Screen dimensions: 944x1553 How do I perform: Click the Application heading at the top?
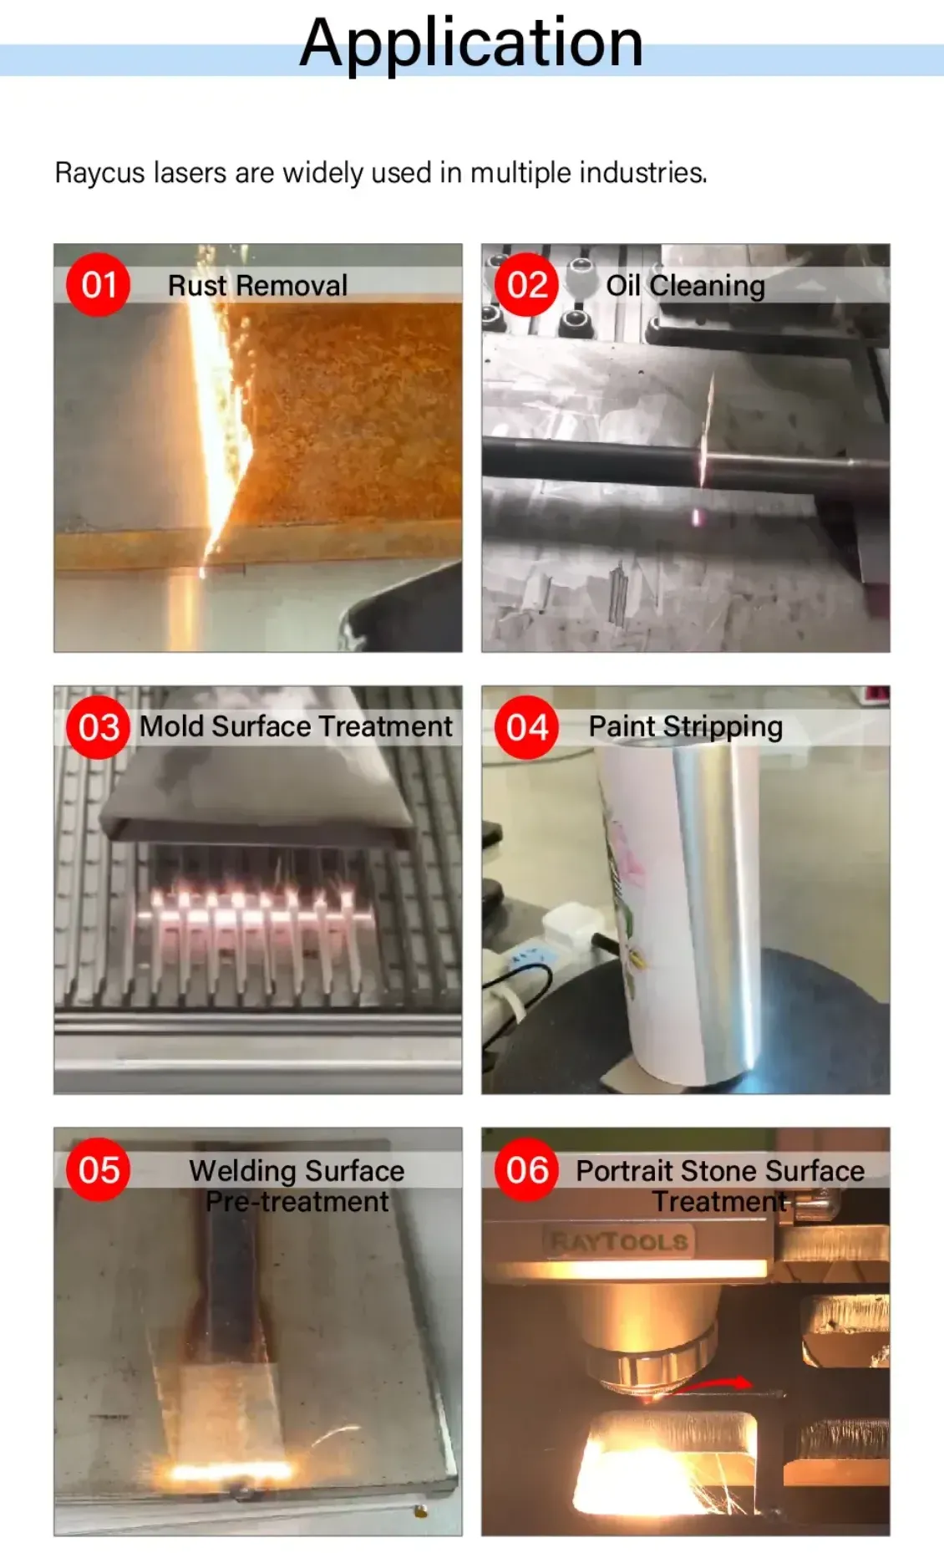coord(471,43)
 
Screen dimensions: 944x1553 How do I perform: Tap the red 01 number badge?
coord(99,285)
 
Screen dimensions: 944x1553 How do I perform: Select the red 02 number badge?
coord(526,285)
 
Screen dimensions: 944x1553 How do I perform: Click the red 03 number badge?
coord(99,727)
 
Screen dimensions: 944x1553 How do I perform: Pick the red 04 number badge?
coord(526,727)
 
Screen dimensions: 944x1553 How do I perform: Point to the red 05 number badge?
coord(99,1169)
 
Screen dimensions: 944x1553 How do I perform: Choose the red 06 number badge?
coord(526,1169)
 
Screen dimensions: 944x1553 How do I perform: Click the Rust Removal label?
coord(257,286)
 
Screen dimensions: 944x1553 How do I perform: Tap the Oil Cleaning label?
coord(685,286)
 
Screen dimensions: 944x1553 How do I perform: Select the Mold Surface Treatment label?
coord(296,726)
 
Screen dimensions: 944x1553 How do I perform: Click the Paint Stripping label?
coord(685,727)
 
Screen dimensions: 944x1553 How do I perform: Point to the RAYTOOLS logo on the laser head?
coord(619,1241)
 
